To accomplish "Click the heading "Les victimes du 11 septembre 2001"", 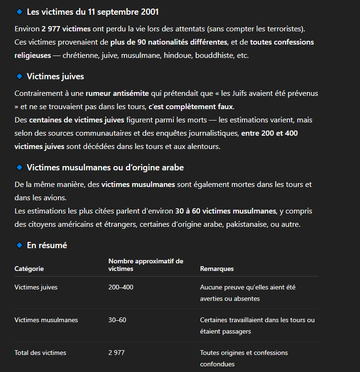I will pos(93,12).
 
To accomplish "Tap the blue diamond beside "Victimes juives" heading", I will pos(19,76).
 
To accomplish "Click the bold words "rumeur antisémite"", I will pos(117,93).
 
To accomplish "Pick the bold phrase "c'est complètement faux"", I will pos(191,106).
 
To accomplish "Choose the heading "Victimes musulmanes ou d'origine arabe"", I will pos(105,167).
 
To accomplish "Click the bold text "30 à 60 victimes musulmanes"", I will pos(226,211).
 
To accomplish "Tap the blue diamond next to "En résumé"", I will pos(19,245).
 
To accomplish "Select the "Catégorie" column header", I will pos(29,269).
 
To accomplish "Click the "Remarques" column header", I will pos(217,269).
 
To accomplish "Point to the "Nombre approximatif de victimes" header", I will pos(145,265).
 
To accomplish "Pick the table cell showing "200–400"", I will pos(121,287).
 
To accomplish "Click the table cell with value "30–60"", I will pos(117,320).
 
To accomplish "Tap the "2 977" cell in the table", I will pos(117,353).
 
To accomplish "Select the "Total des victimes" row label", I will pos(40,353).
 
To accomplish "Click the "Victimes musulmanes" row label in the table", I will pos(46,320).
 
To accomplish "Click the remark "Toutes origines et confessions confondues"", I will pos(244,358).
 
